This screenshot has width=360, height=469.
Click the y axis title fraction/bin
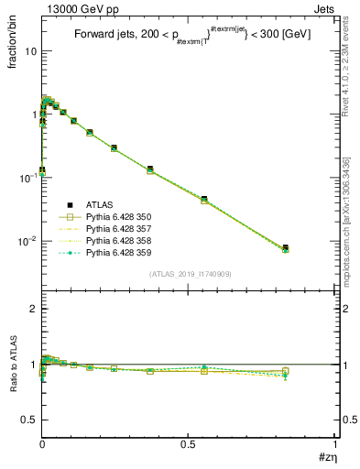[12, 40]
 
